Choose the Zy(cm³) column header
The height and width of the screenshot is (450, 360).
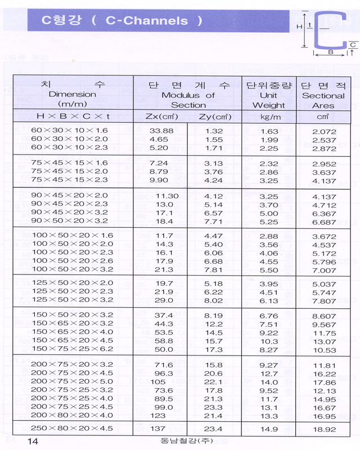(215, 117)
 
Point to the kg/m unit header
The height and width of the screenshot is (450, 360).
(269, 117)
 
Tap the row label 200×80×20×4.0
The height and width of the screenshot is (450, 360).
(73, 415)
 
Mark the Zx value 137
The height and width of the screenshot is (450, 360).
(159, 429)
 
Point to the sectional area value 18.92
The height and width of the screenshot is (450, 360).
(324, 429)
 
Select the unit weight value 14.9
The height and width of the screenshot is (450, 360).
(269, 429)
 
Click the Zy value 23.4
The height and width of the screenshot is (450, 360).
(214, 429)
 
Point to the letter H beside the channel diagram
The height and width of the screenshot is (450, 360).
(299, 26)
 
